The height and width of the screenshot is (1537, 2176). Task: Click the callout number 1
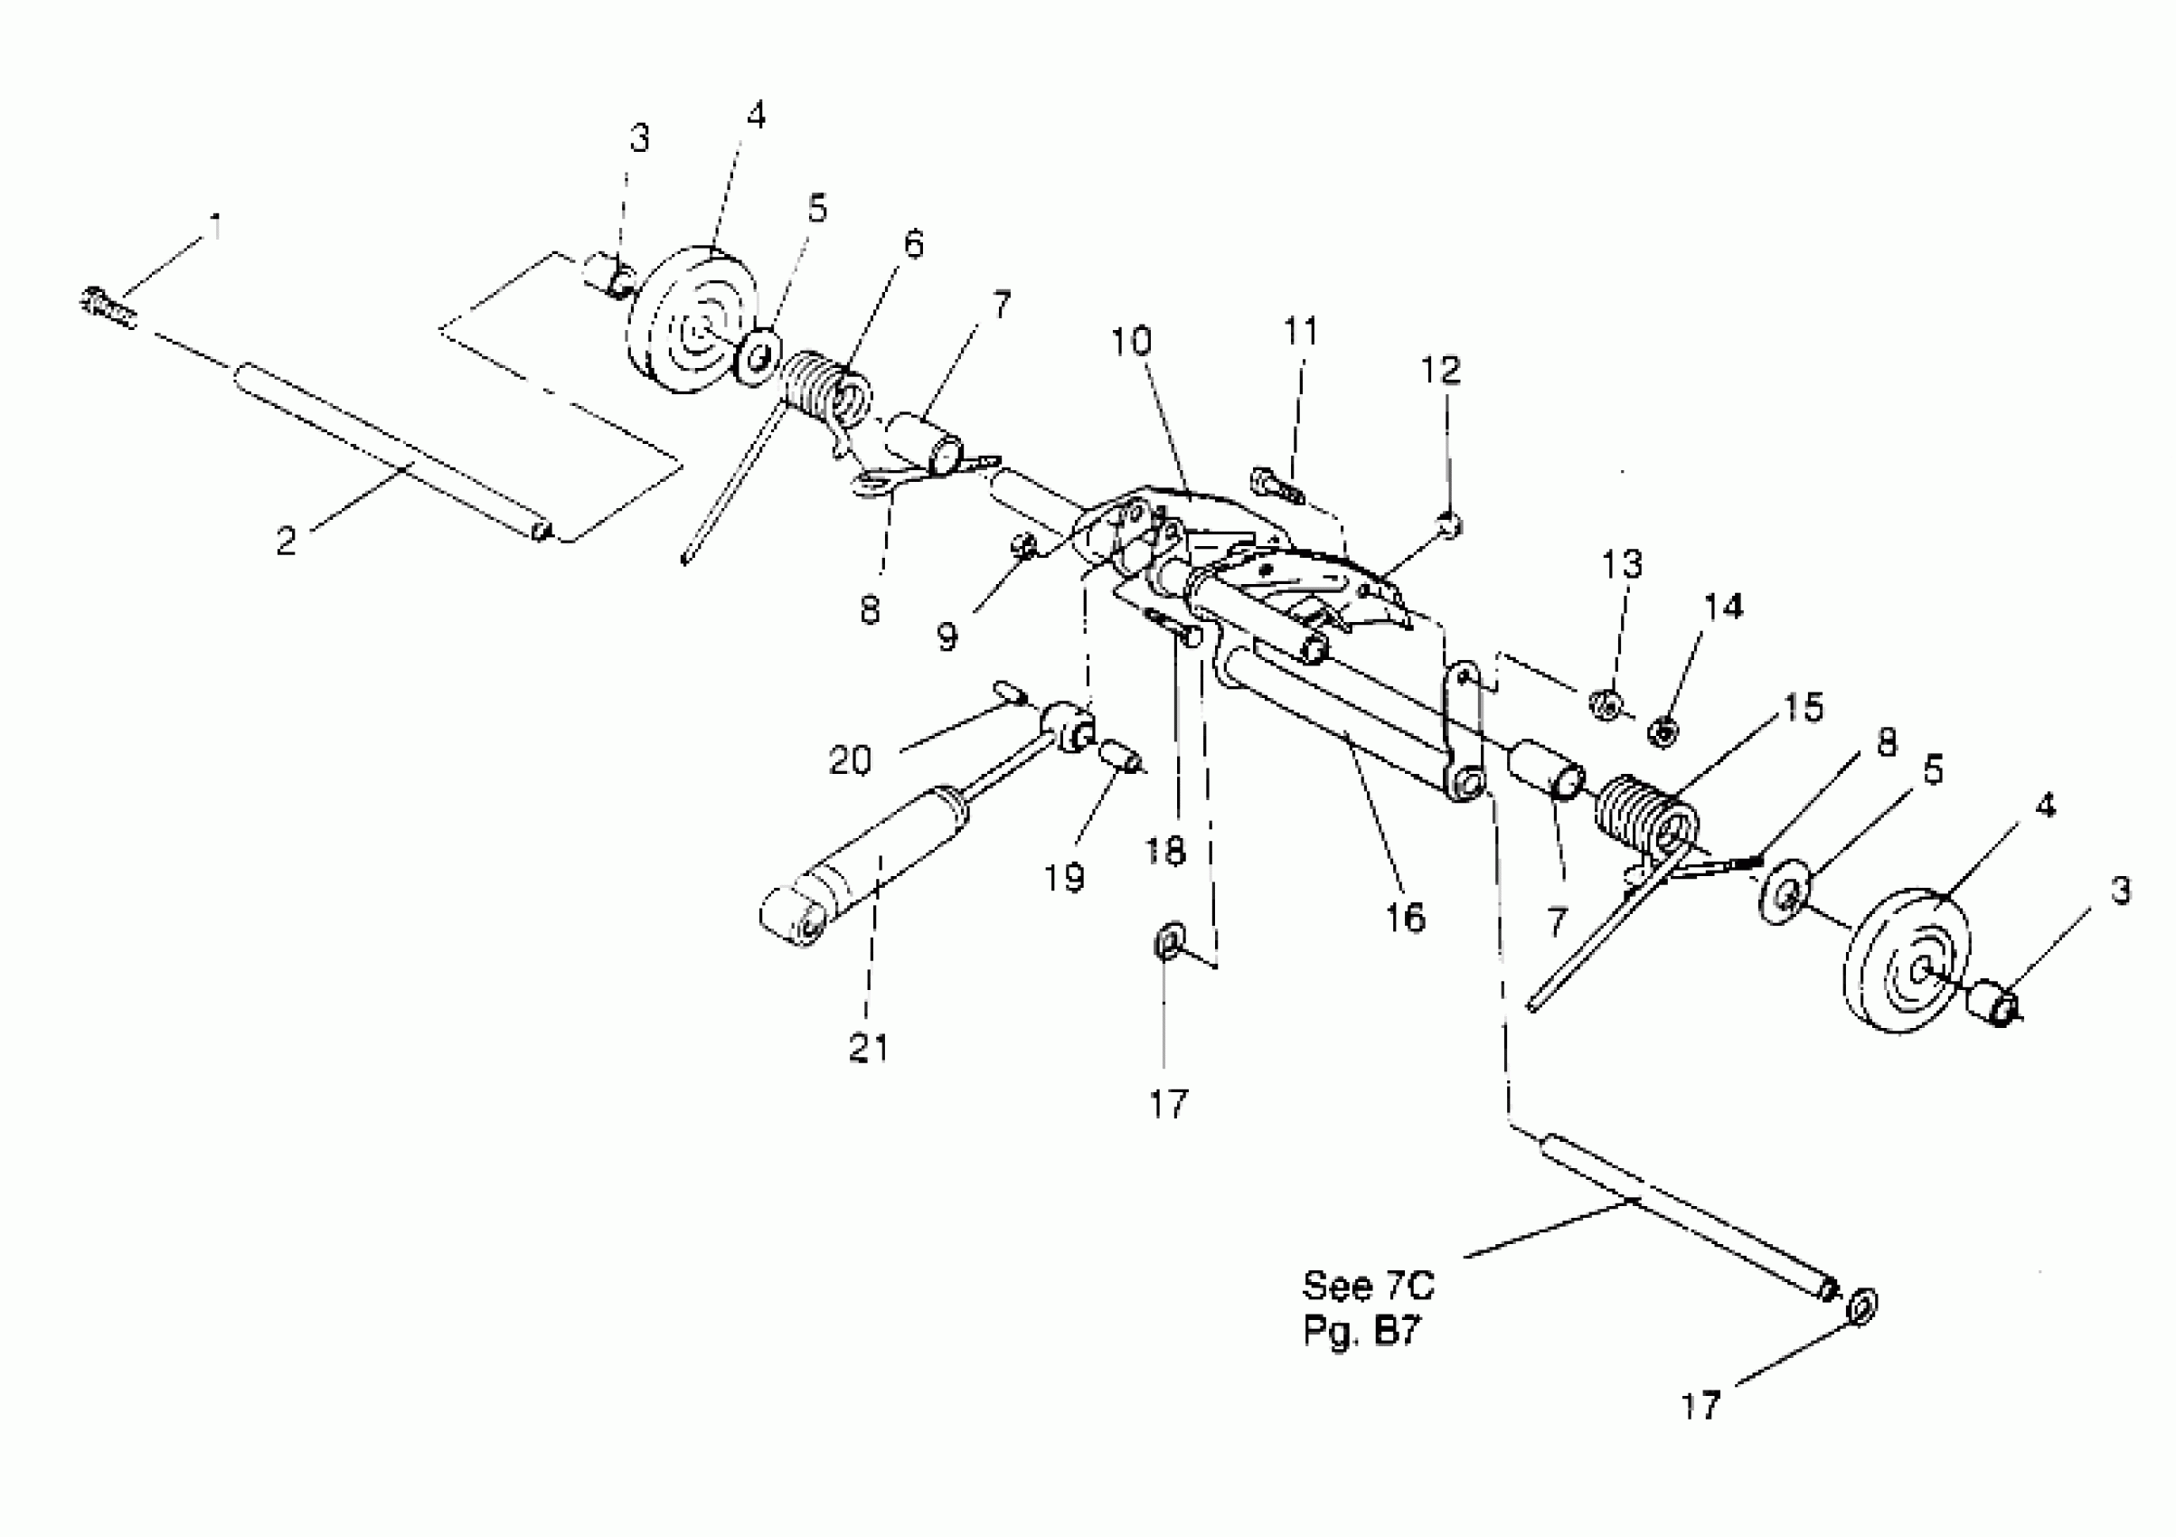click(217, 229)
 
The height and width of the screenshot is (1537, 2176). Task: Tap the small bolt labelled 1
click(106, 308)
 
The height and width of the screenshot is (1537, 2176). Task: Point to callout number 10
click(1131, 341)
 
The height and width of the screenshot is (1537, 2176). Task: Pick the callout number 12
click(1440, 370)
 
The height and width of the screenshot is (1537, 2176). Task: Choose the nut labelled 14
click(1662, 731)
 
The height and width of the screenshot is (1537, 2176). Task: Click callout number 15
click(1803, 707)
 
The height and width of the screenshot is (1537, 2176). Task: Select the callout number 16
click(1406, 918)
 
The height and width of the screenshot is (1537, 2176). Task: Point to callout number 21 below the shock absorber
click(869, 1048)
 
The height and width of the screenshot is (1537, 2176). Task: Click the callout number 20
click(850, 760)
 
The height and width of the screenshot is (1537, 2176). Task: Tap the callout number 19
click(1064, 879)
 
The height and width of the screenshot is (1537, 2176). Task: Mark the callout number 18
click(1164, 851)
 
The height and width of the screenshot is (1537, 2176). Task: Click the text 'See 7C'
click(1368, 1286)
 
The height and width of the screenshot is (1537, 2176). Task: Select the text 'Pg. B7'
click(1361, 1332)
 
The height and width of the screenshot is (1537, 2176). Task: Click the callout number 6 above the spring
click(913, 244)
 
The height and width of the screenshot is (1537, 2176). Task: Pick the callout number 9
click(947, 636)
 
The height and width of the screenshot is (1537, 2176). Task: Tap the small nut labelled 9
click(1022, 546)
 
